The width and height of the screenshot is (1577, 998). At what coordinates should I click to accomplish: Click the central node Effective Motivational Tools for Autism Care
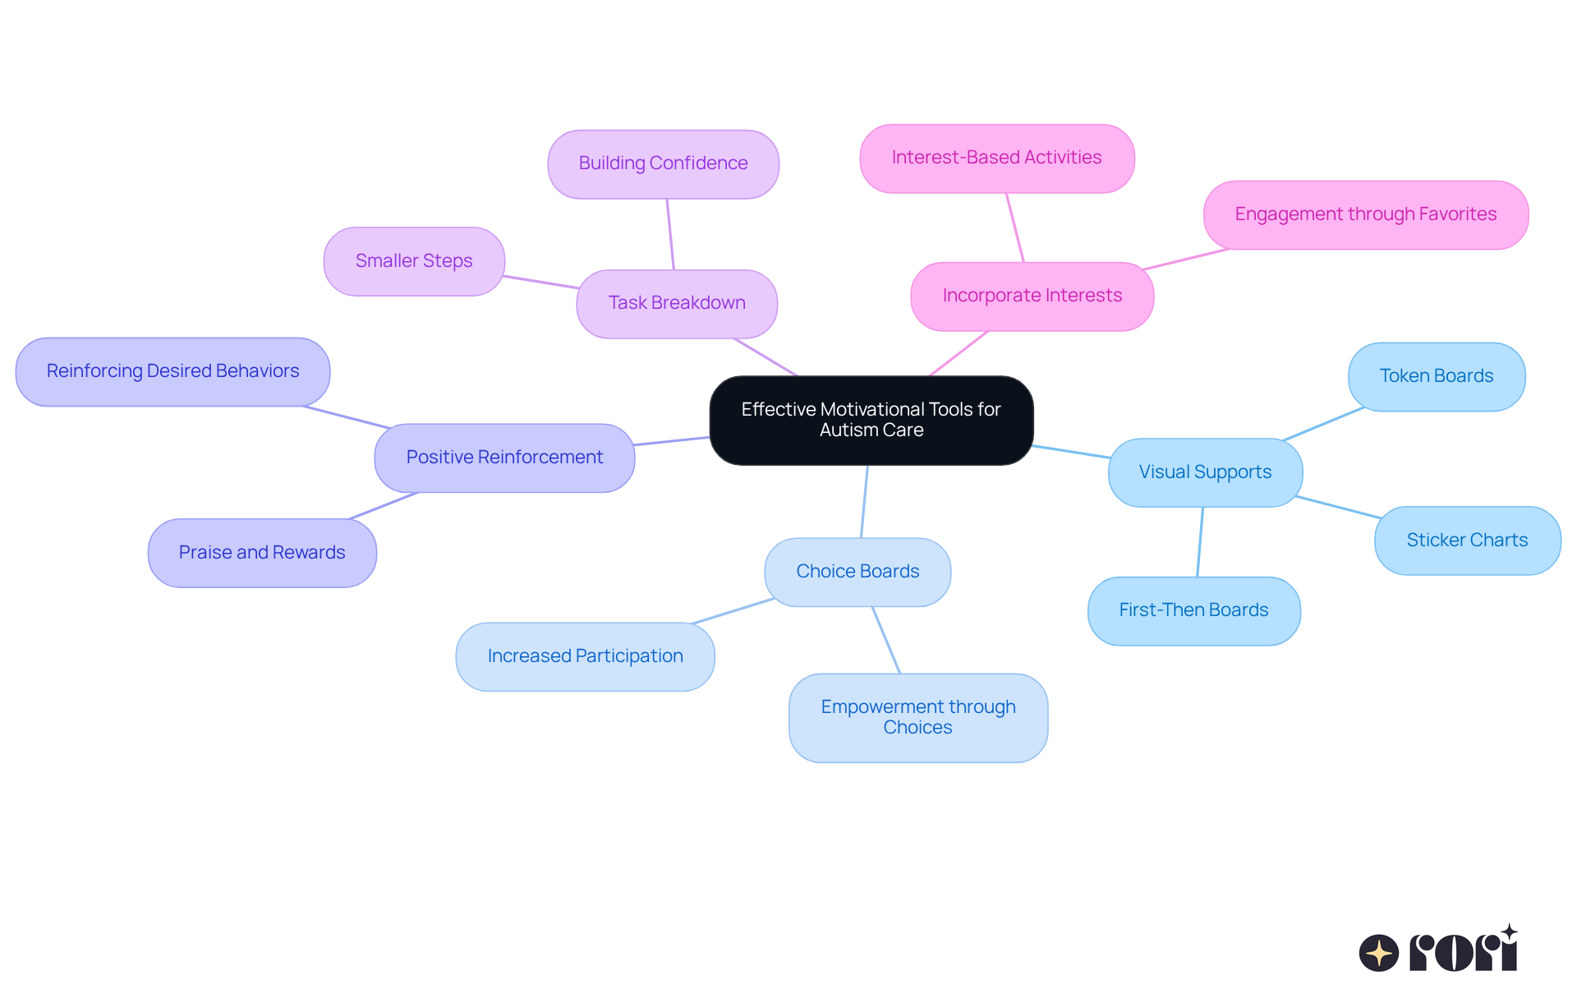[871, 420]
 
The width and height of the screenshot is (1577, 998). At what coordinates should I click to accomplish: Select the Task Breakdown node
[677, 303]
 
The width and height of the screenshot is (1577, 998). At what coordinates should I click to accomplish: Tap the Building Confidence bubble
[663, 163]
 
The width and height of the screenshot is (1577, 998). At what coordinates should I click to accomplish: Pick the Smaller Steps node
[414, 261]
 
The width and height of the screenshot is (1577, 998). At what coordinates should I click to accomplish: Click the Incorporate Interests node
[1032, 296]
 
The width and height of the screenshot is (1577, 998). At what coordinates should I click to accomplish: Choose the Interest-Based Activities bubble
[996, 158]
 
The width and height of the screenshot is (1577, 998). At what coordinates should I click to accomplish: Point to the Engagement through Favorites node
[1365, 214]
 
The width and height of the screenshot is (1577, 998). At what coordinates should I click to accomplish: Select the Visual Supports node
[1205, 472]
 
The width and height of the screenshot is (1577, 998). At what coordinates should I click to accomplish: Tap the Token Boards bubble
[1436, 376]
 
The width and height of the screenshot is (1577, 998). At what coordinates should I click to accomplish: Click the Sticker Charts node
[1467, 540]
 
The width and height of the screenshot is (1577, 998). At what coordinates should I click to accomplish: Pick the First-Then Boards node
[1193, 610]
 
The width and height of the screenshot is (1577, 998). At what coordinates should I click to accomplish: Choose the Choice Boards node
[857, 572]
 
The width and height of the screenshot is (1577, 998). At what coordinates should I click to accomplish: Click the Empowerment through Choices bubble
[917, 717]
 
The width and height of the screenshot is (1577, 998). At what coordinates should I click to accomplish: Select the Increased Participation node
[585, 656]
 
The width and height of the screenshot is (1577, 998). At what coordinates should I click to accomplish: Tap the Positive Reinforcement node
[504, 458]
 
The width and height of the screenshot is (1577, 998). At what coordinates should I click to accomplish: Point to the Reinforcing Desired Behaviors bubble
[172, 371]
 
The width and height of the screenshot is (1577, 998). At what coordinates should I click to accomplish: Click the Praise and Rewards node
[262, 553]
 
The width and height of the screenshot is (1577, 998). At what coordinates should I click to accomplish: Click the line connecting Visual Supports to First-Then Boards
[1200, 542]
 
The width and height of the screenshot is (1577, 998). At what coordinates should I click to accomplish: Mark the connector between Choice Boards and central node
[864, 501]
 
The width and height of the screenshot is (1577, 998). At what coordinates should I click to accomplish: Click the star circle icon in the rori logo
[1378, 953]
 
